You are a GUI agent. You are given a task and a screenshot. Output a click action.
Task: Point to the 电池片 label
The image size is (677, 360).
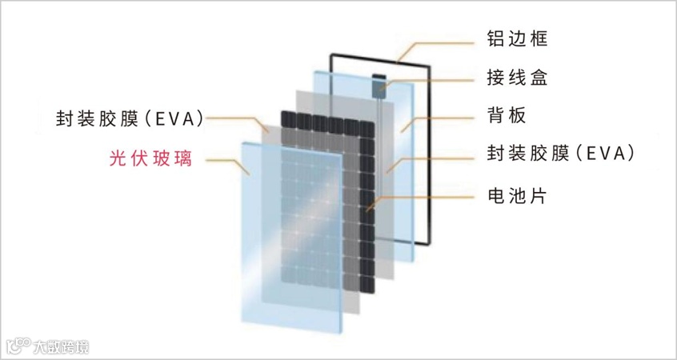(516, 194)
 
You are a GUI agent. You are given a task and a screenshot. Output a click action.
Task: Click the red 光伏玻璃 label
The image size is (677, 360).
(151, 158)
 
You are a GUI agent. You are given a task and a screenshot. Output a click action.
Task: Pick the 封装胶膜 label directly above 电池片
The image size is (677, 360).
(561, 154)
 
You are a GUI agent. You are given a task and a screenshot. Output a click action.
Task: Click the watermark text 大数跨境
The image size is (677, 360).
(62, 346)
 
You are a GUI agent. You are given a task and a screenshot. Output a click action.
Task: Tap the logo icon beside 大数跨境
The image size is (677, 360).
(18, 346)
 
